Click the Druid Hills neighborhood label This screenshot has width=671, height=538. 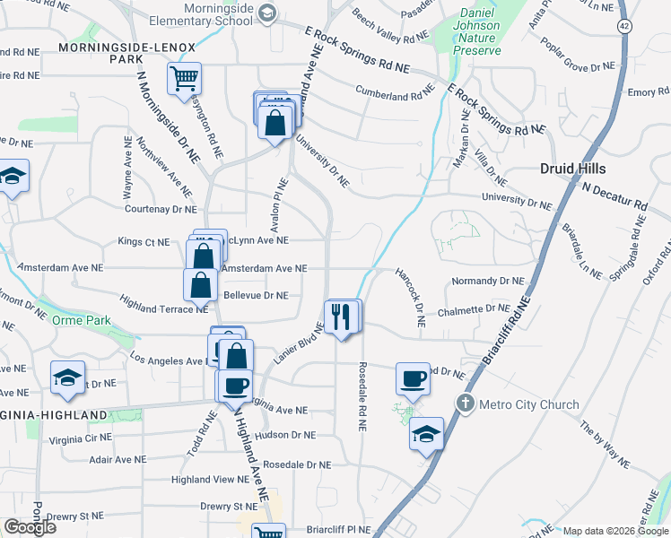pos(572,169)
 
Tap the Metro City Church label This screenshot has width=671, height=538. pos(529,404)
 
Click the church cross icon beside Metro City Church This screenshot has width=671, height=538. pos(465,403)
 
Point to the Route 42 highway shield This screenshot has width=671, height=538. pos(624,27)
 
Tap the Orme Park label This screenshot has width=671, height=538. pos(81,320)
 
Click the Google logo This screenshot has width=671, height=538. pos(30,527)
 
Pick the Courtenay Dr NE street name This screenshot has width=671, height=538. pos(160,209)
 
